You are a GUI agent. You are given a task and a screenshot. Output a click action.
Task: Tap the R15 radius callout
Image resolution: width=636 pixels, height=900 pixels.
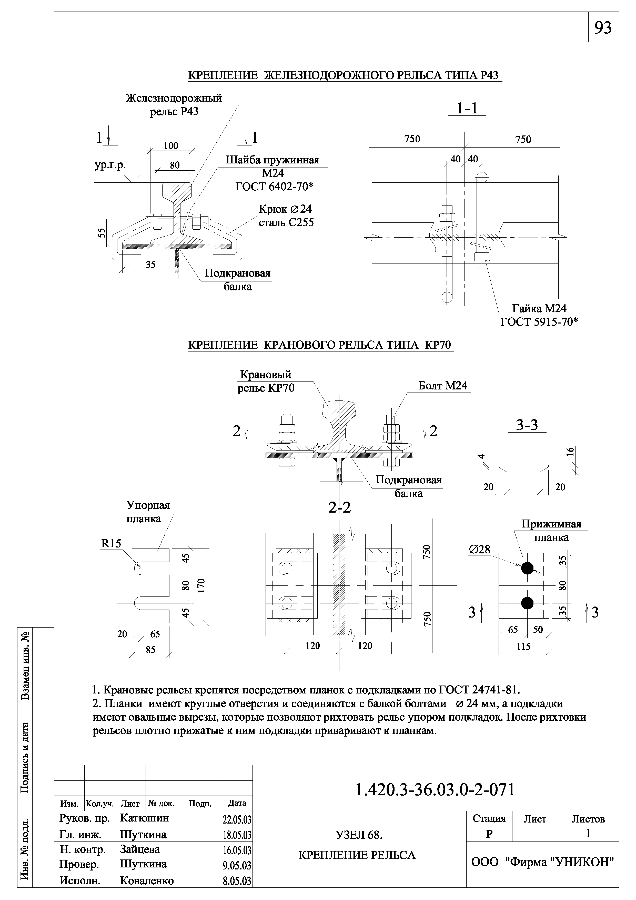111,543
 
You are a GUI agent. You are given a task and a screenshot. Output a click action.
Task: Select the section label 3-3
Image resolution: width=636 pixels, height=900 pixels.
527,425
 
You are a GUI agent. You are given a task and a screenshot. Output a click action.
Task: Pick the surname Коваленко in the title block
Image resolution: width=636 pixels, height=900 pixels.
147,881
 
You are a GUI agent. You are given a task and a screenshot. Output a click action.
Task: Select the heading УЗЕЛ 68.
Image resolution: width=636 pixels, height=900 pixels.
359,835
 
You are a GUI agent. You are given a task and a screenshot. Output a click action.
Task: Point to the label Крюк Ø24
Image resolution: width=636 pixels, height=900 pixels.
285,209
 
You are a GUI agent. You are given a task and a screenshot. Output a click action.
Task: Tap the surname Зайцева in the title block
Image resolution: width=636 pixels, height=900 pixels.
140,849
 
